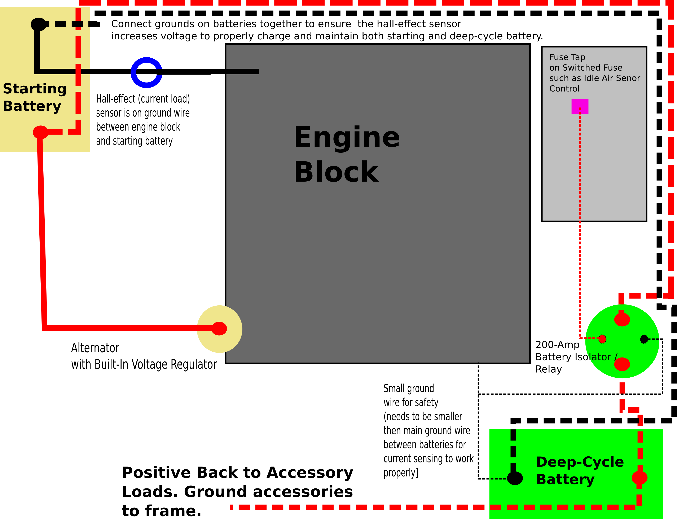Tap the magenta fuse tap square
(580, 106)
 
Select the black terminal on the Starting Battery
(39, 24)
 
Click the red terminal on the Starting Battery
(40, 132)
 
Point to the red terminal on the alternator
(219, 328)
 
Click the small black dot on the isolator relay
(644, 339)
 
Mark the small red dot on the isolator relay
(602, 339)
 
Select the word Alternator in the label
(95, 348)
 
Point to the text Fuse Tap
(567, 57)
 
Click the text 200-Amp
(557, 345)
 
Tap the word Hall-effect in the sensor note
(116, 99)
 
